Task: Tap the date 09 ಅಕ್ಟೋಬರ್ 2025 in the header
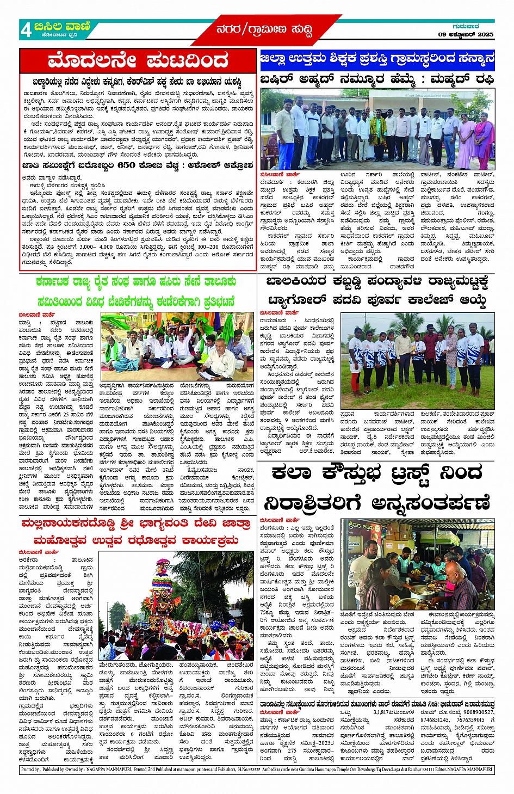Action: pos(466,34)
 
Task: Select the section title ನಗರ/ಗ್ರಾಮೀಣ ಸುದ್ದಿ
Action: pos(264,30)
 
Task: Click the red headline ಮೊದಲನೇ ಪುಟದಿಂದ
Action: pos(138,60)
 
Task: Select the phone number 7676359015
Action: pos(470,719)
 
